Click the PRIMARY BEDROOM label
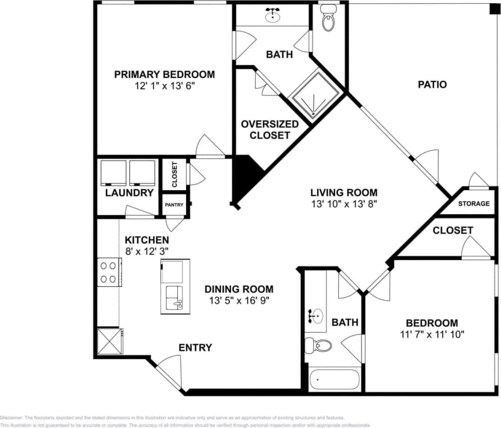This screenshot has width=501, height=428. point(164,74)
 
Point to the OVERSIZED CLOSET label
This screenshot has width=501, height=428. point(269,130)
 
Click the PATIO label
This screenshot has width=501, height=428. point(432,84)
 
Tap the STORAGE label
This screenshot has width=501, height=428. point(473,204)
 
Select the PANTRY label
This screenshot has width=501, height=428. point(174,205)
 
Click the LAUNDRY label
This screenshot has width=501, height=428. point(129,193)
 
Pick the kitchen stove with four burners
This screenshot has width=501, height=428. point(108,272)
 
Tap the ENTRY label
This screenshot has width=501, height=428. point(195,347)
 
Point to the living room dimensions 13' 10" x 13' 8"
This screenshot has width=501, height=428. point(344,203)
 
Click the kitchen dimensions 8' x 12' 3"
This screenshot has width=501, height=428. point(147,251)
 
